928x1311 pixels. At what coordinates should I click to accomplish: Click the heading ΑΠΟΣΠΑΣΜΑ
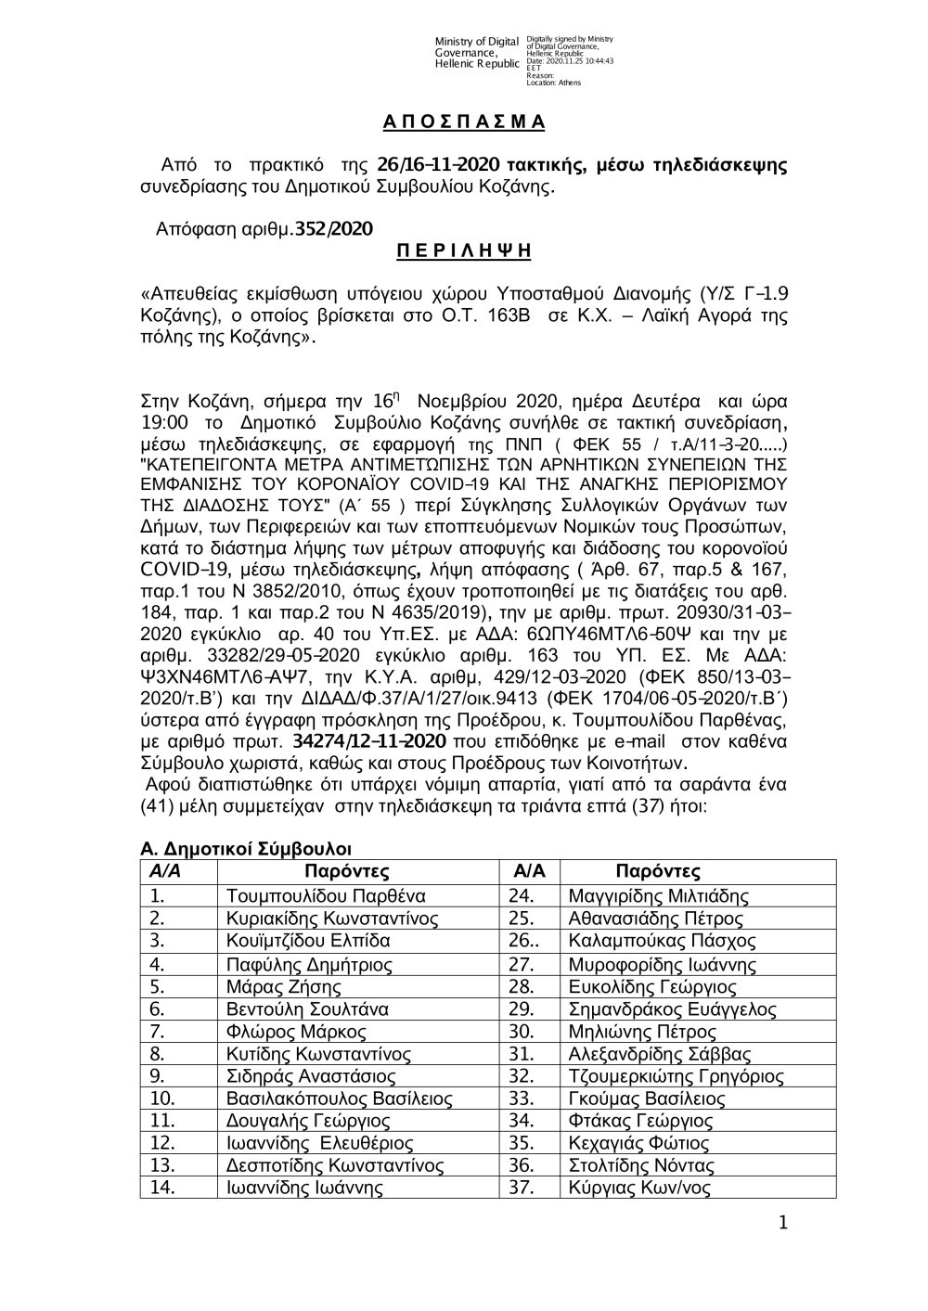pyautogui.click(x=464, y=122)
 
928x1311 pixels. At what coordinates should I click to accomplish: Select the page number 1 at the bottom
pyautogui.click(x=783, y=1225)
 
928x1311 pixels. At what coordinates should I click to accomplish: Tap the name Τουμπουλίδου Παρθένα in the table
pyautogui.click(x=326, y=896)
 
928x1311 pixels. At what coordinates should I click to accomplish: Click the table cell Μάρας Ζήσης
pyautogui.click(x=283, y=986)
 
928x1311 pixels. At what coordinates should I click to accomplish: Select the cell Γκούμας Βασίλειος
pyautogui.click(x=646, y=1099)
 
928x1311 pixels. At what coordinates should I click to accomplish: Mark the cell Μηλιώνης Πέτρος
pyautogui.click(x=641, y=1032)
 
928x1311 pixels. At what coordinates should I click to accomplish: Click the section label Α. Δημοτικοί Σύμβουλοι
pyautogui.click(x=245, y=849)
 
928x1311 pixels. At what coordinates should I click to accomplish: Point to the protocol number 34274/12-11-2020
pyautogui.click(x=369, y=741)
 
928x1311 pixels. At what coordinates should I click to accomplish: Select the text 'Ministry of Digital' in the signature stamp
pyautogui.click(x=476, y=42)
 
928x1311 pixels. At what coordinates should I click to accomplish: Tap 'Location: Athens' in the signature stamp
pyautogui.click(x=553, y=83)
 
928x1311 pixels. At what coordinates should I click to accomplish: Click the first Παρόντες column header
pyautogui.click(x=347, y=872)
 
